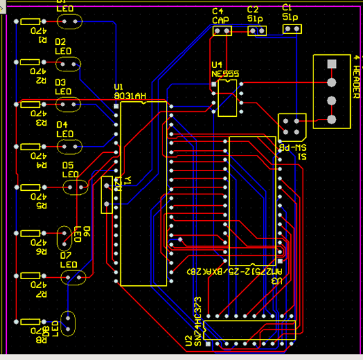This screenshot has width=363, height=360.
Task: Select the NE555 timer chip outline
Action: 227,97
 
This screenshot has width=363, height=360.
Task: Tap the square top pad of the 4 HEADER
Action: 332,65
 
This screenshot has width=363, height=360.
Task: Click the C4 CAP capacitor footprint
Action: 222,31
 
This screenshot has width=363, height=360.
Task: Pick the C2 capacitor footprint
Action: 257,31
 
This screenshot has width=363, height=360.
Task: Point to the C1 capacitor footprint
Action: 291,31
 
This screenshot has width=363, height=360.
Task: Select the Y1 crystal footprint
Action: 107,195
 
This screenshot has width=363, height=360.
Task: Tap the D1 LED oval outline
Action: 69,22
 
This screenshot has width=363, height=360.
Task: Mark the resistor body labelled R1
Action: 31,22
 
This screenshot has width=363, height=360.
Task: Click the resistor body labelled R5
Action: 31,187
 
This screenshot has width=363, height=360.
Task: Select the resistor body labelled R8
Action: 31,321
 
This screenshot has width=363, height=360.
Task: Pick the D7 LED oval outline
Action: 73,277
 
